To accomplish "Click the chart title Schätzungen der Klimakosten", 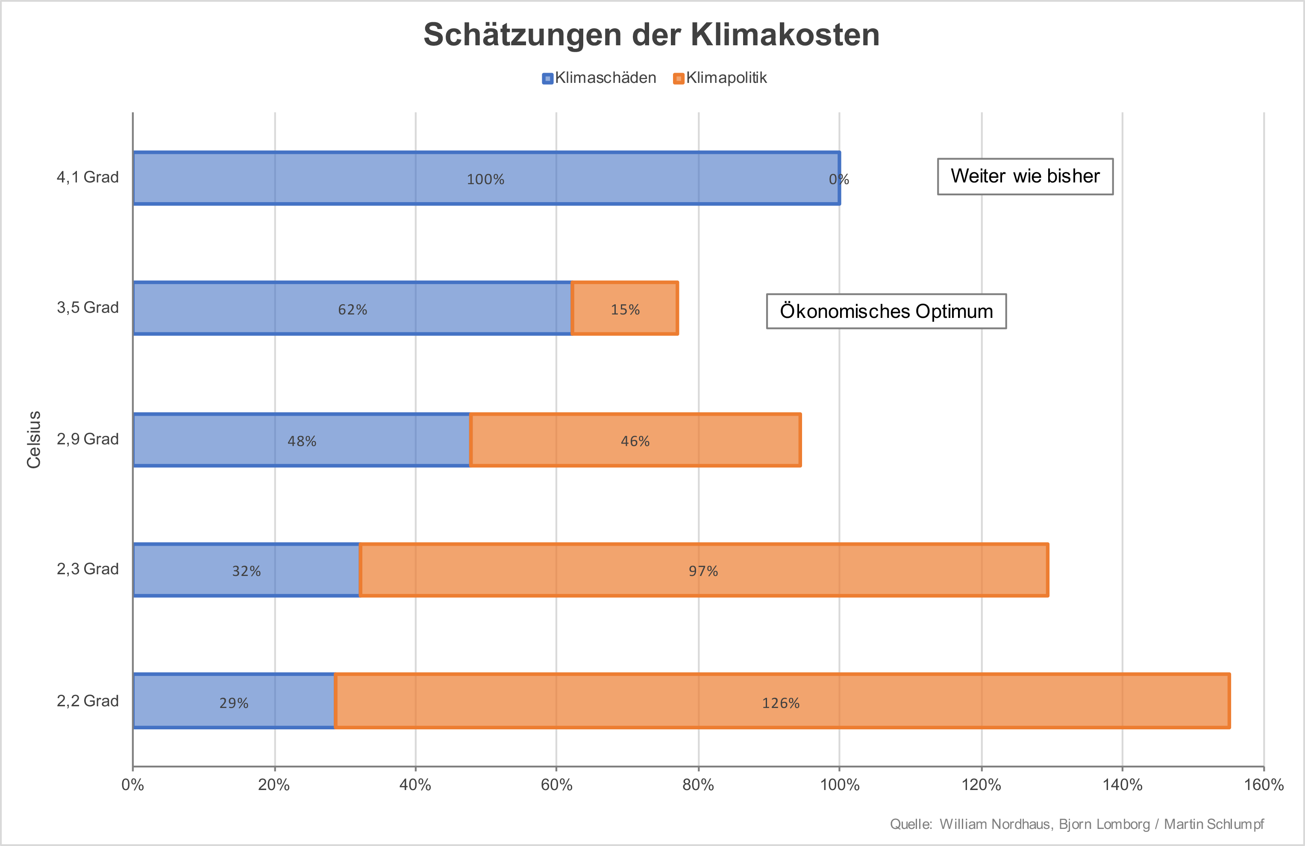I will pos(651,35).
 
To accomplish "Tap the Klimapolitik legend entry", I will pos(720,78).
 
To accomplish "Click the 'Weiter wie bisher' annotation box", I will pos(1025,176).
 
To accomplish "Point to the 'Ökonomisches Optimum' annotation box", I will pos(886,311).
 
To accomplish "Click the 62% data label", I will pos(353,310).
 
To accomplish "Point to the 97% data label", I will pos(703,571).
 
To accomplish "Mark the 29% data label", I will pos(234,703).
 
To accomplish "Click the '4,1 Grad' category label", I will pos(88,177).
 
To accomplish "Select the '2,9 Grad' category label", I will pos(88,439).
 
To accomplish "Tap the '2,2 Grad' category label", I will pos(88,701).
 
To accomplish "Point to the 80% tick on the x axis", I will pos(698,784).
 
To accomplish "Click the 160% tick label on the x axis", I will pos(1263,784).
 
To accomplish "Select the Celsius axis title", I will pos(34,439).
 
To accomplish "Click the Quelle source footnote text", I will pos(1076,824).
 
